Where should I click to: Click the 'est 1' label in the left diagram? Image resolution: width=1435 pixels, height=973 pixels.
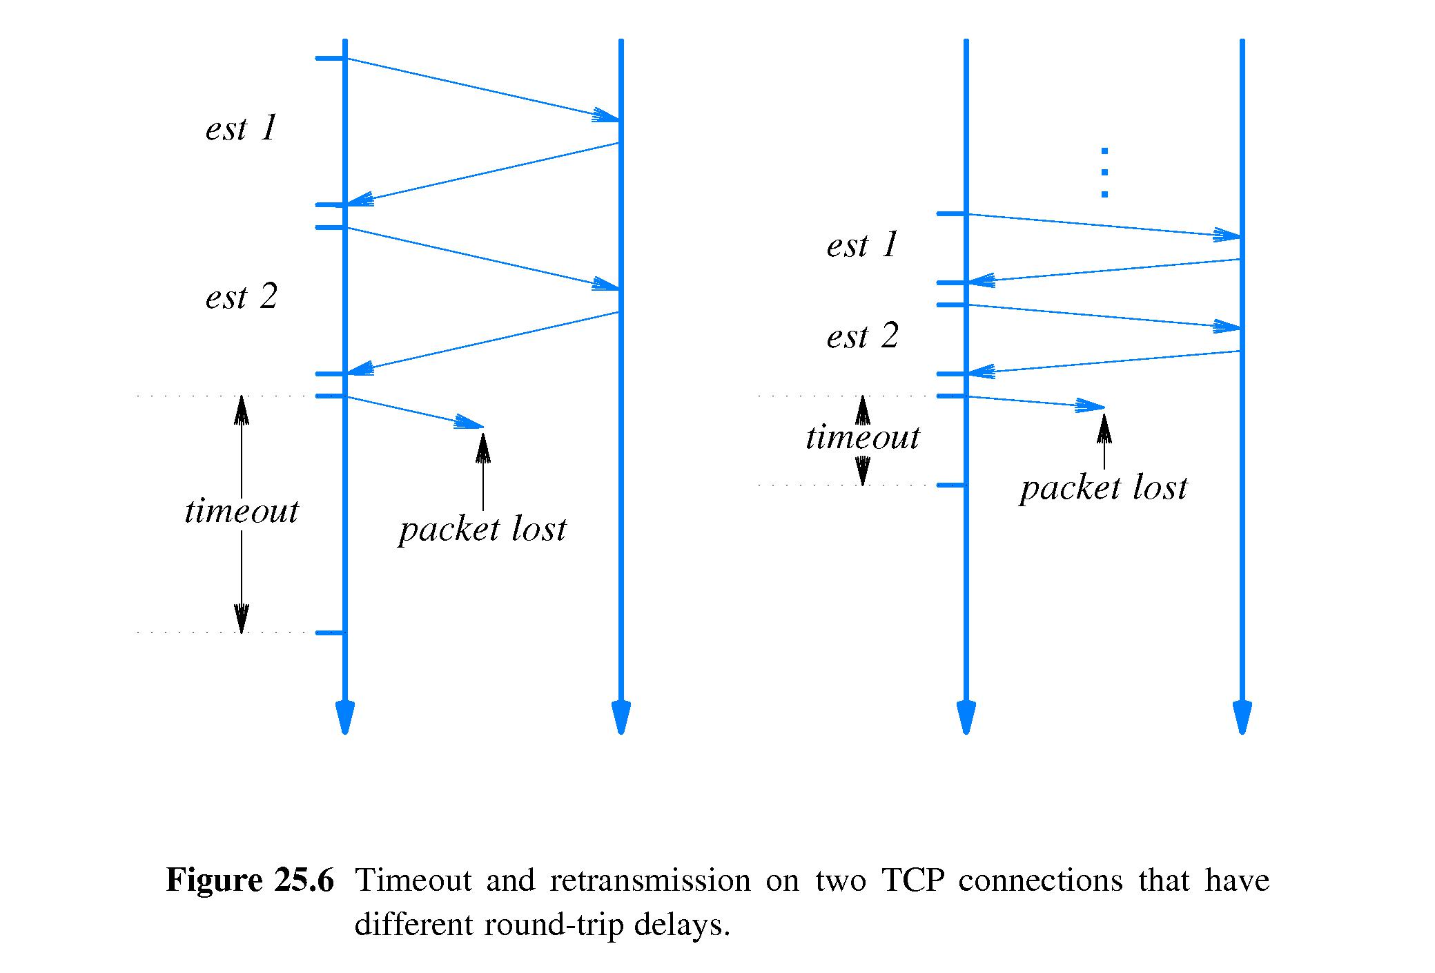pyautogui.click(x=241, y=129)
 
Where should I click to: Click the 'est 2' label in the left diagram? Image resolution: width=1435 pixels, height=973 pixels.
pyautogui.click(x=241, y=298)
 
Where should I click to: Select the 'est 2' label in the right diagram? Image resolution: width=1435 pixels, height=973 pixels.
pyautogui.click(x=862, y=337)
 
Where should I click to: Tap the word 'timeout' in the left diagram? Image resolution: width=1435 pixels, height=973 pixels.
pyautogui.click(x=241, y=512)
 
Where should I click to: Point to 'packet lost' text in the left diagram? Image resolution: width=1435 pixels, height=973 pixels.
pyautogui.click(x=482, y=530)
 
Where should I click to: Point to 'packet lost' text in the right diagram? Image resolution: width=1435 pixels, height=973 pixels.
pyautogui.click(x=1103, y=488)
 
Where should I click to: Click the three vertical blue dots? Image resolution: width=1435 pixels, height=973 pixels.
pyautogui.click(x=1104, y=173)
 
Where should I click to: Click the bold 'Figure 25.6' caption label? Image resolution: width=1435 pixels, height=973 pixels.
pyautogui.click(x=250, y=881)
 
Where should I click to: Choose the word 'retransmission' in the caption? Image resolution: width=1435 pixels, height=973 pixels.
pyautogui.click(x=650, y=881)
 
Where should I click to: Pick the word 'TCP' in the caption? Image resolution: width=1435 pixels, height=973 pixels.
pyautogui.click(x=912, y=881)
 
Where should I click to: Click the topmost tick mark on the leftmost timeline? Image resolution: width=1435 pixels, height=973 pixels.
pyautogui.click(x=330, y=59)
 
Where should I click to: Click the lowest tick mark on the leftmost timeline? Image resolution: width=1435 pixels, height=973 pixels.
pyautogui.click(x=330, y=633)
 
